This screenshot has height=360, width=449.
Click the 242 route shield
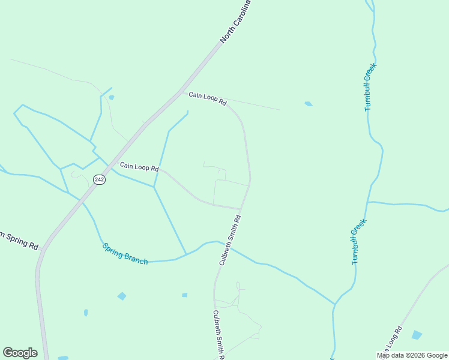tap(100, 179)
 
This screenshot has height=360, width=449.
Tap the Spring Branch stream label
tap(125, 254)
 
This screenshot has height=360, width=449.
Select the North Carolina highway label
tap(235, 21)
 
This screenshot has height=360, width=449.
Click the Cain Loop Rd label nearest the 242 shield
tap(139, 166)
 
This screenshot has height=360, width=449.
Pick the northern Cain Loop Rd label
tap(207, 98)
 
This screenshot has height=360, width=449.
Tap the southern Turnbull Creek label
tap(358, 241)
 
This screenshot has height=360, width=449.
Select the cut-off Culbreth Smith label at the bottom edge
tap(217, 335)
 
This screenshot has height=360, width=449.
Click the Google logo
tap(20, 353)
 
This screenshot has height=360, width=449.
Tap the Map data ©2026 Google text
tap(412, 355)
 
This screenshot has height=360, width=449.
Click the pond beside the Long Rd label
tap(417, 335)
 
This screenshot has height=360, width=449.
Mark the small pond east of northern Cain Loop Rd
tap(309, 104)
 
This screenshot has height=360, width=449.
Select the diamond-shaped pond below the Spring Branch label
tap(122, 296)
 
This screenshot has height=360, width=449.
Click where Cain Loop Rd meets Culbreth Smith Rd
tap(241, 209)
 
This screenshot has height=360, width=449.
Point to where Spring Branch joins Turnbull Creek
tap(334, 304)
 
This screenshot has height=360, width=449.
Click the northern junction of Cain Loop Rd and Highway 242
tap(181, 92)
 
